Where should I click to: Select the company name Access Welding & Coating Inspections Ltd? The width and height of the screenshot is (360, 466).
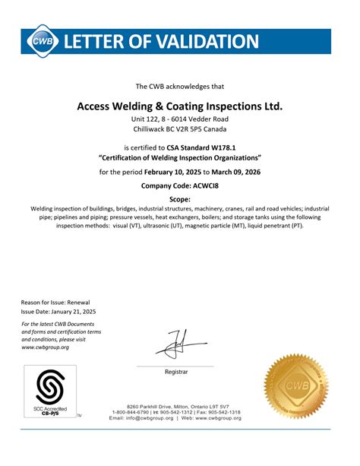pyautogui.click(x=179, y=106)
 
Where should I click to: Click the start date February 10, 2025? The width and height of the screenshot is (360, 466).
pyautogui.click(x=178, y=172)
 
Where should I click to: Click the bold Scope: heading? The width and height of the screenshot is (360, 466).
pyautogui.click(x=180, y=198)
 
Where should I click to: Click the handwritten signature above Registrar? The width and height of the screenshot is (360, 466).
pyautogui.click(x=175, y=344)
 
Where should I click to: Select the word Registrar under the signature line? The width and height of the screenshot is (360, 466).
pyautogui.click(x=175, y=372)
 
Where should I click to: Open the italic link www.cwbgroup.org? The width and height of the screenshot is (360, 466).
pyautogui.click(x=45, y=347)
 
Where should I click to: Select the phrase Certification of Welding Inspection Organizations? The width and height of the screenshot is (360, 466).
pyautogui.click(x=180, y=157)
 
